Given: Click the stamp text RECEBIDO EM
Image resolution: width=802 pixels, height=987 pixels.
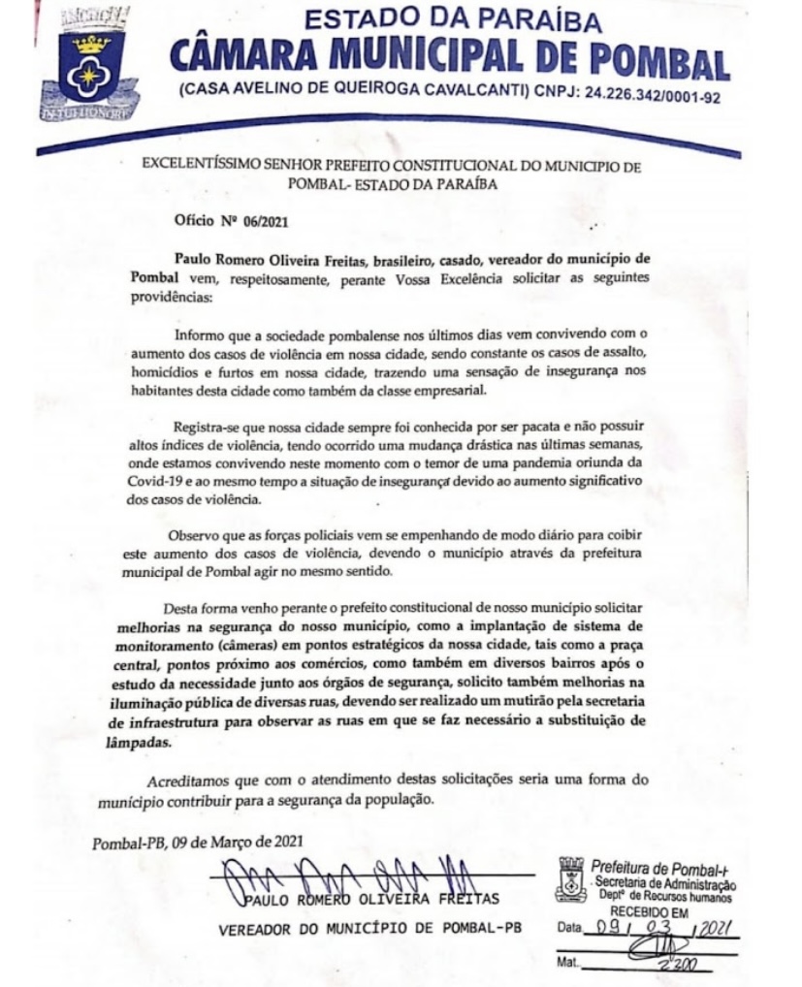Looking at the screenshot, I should (645, 911).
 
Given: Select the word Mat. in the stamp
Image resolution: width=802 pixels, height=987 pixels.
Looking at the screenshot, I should (568, 966).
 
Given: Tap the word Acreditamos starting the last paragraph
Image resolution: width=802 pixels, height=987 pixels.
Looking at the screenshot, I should (189, 782).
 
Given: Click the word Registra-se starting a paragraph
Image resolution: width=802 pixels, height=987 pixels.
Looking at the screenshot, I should (209, 428).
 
